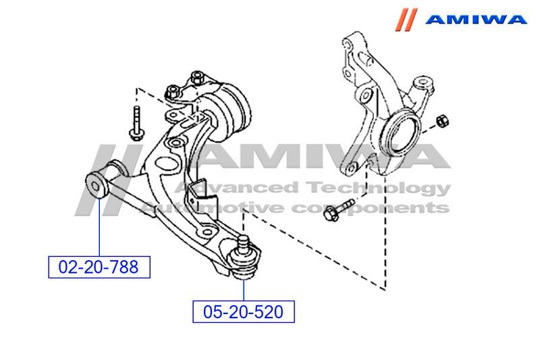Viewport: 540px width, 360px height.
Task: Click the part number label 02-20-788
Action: [x=99, y=267]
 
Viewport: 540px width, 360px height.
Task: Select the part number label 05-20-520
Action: [x=244, y=311]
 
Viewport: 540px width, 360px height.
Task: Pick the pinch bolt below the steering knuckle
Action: [x=338, y=211]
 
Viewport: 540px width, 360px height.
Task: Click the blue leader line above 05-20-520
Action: [x=244, y=287]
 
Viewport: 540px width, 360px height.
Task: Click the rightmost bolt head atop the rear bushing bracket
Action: [x=198, y=76]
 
